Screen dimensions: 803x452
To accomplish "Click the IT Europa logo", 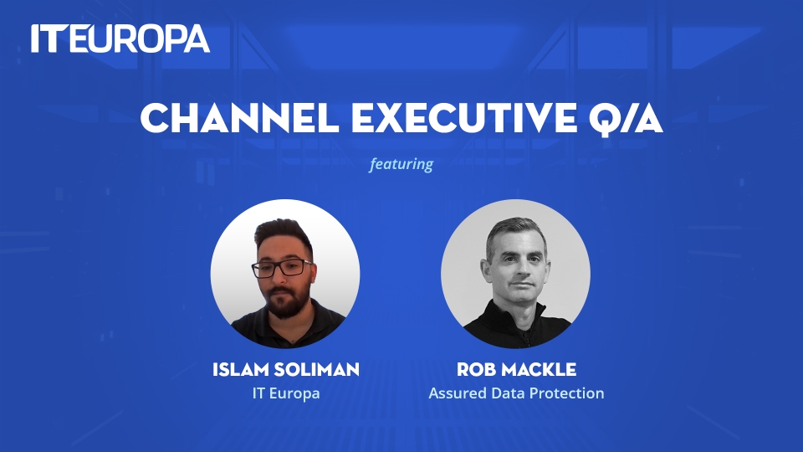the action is point(120,39).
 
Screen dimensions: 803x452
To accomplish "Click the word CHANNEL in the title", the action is point(240,118).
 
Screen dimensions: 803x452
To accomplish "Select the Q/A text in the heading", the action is point(626,120).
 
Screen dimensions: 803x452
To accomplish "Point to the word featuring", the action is point(401,164).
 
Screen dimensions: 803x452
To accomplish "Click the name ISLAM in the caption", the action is point(240,369).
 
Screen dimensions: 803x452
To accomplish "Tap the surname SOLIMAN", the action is point(316,369).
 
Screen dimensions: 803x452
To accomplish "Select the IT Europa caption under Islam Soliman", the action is point(286,393).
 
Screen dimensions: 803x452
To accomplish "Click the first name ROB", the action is point(476,369).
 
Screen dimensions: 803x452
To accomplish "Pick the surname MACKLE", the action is point(539,369).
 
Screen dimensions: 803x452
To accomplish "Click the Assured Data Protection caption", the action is point(516,393).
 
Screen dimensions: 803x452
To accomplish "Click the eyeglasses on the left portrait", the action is point(283,269).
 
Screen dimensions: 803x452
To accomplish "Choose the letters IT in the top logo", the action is point(49,39).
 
